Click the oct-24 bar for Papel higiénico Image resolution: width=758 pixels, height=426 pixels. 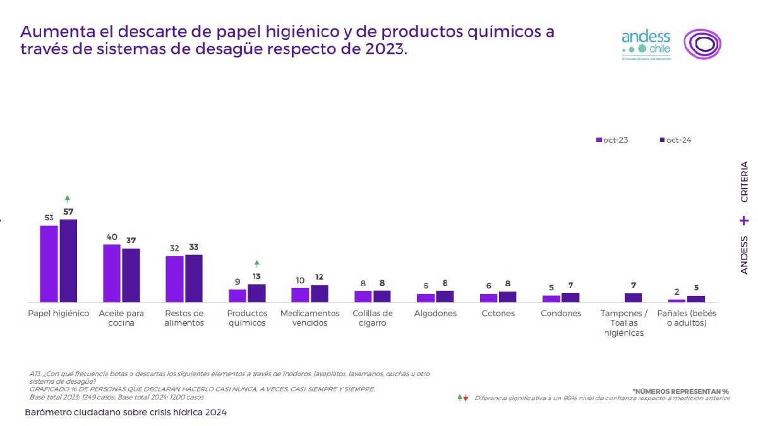pos(68,261)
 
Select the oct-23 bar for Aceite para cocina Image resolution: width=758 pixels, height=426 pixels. pos(112,273)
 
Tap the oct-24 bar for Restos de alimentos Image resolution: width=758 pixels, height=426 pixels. pos(194,278)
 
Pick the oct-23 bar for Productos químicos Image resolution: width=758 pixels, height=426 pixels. pos(238,295)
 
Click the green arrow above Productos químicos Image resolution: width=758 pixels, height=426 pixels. pos(256,263)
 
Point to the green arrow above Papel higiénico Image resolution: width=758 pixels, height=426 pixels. pos(68,199)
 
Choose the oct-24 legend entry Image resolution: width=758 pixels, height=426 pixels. pos(676,139)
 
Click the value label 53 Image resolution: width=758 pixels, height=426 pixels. pos(49,218)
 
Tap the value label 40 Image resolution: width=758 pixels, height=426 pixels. pos(112,237)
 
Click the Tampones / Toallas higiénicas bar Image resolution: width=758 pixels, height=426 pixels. pos(633,297)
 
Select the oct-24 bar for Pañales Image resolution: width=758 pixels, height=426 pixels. pos(695,299)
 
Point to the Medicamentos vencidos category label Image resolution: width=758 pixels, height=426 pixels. pos(310,318)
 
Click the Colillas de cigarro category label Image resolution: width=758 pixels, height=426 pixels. pos(373,318)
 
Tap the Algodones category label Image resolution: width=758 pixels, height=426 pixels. pos(435,314)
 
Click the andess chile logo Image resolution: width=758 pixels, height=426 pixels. pos(646,44)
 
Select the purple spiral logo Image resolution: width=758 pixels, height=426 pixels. pos(702,44)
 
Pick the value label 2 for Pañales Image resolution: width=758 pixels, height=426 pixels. pos(677,292)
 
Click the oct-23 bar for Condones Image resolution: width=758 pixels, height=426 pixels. pos(551,299)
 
